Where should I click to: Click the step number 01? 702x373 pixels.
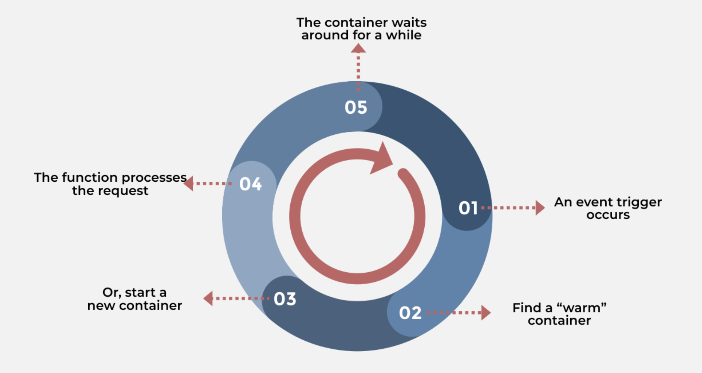468,208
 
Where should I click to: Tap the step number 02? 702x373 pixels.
410,313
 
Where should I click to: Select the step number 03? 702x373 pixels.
285,299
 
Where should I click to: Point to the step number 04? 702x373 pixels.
250,184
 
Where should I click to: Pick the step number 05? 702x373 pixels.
356,107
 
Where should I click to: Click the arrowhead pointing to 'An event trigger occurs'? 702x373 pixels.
539,208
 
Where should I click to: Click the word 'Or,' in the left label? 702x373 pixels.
112,293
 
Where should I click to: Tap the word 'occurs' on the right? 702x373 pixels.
608,215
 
